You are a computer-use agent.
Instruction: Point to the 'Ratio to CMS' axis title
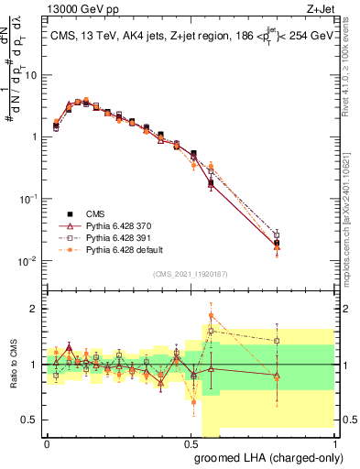(x=12, y=365)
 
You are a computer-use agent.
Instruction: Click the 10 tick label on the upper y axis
(x=29, y=75)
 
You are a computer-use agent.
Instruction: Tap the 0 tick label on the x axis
(x=47, y=443)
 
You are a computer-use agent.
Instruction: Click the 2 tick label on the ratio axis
(x=34, y=310)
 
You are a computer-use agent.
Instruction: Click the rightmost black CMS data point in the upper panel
(x=277, y=243)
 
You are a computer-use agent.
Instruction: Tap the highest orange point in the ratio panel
(x=211, y=315)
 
